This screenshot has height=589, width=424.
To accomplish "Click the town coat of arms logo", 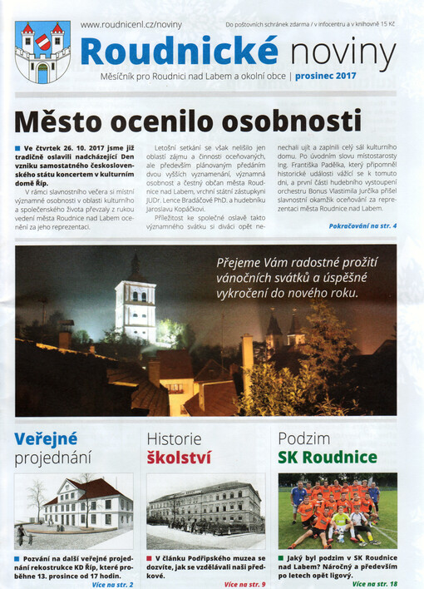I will [42, 52].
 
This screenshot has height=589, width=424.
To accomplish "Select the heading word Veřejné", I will [46, 438].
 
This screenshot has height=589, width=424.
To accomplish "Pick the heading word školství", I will [179, 458].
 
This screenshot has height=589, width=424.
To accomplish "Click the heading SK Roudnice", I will [328, 458].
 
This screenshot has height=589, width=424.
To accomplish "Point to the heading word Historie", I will [174, 438].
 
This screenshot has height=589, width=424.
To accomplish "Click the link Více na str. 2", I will [111, 584].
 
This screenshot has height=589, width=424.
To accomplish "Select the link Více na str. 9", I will [244, 584].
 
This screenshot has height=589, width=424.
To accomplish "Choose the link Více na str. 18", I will [374, 584].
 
